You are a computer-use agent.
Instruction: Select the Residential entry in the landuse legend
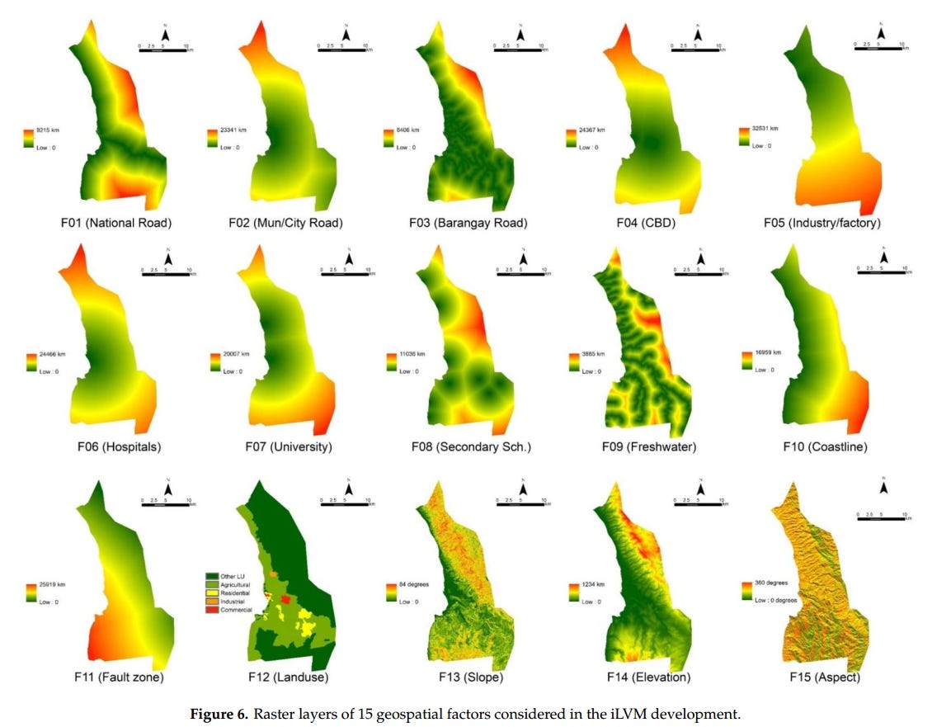(x=229, y=593)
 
